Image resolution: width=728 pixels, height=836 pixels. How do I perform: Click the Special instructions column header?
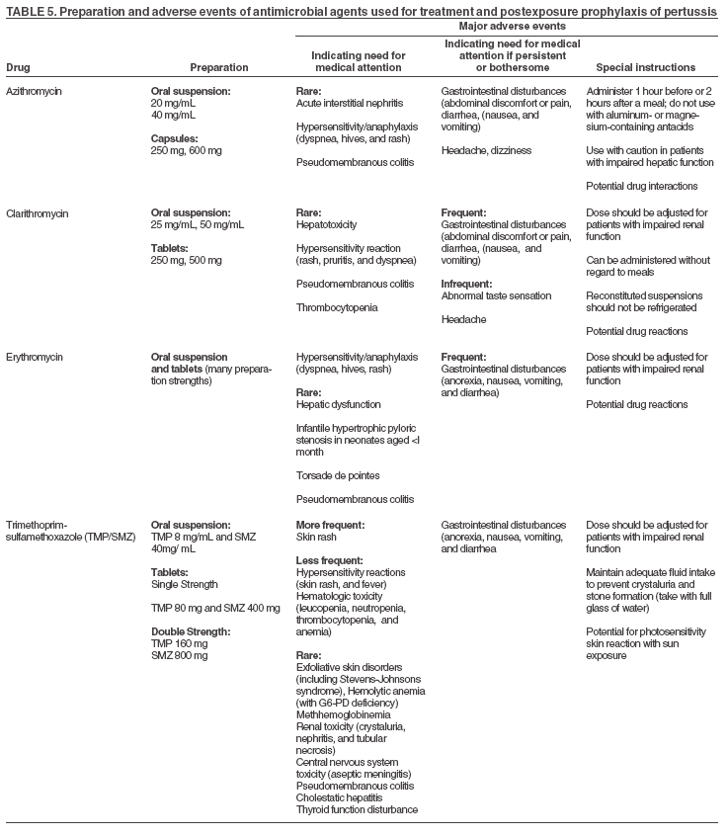click(646, 67)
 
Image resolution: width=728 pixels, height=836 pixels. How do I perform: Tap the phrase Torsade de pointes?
click(338, 475)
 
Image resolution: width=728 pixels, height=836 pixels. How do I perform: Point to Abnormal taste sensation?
click(496, 295)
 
